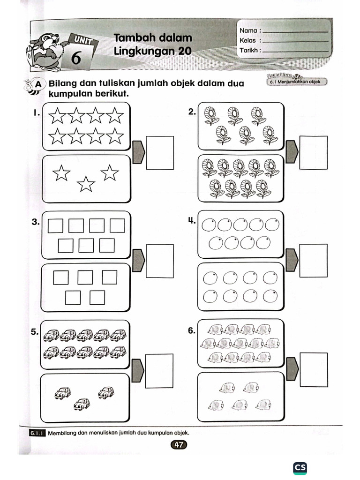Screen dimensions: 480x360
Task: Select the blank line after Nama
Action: point(295,31)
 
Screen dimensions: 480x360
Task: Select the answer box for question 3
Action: point(160,261)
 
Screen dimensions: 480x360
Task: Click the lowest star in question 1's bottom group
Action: point(86,184)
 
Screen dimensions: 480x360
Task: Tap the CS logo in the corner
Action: point(300,467)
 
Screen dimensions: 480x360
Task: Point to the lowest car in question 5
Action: point(82,403)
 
